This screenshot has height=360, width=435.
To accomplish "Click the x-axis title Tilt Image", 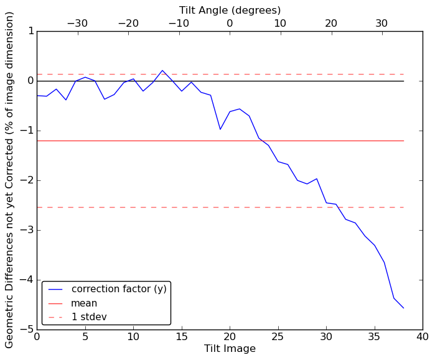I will (x=230, y=349).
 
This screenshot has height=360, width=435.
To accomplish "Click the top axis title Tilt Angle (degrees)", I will (x=230, y=10).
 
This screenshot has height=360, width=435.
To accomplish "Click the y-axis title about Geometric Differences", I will (x=9, y=180).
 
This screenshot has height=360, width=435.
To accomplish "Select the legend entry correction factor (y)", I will (x=119, y=289).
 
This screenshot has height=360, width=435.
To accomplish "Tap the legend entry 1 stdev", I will (x=89, y=317).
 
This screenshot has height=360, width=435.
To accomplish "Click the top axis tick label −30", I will (x=77, y=23).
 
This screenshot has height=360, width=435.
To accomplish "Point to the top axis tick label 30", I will (x=381, y=23).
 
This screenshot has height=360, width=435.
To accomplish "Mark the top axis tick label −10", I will (x=179, y=23).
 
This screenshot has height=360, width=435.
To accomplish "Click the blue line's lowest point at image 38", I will (x=403, y=308).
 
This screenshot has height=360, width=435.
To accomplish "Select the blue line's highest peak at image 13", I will (x=162, y=70).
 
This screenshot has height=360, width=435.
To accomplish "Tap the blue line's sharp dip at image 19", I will (x=220, y=129).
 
